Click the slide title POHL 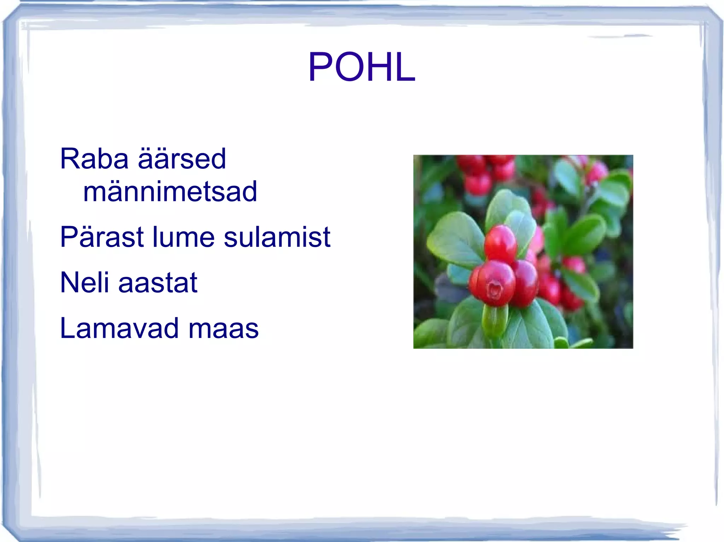tap(362, 67)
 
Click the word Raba tap(94, 159)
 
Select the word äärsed tap(182, 159)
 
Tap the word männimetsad tap(170, 191)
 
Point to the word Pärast tap(102, 237)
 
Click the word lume tap(183, 237)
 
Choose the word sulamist tap(277, 237)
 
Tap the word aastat tap(158, 282)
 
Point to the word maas tap(223, 328)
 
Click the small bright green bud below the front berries tap(495, 320)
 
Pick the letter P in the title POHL tap(319, 67)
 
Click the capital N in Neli tap(69, 282)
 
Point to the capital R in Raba tap(70, 159)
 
